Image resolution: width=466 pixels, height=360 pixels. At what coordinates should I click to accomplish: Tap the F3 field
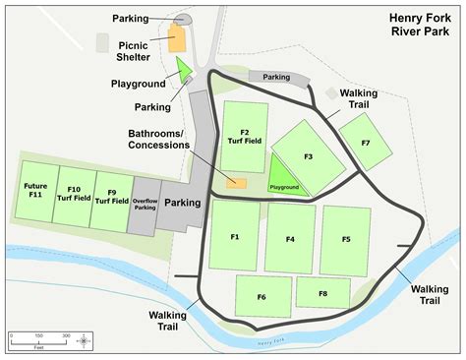[x=308, y=155]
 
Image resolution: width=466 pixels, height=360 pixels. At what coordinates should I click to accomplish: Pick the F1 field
[x=235, y=237]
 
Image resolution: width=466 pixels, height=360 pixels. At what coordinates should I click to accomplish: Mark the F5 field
[x=345, y=239]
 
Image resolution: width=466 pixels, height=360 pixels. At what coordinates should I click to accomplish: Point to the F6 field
[x=262, y=296]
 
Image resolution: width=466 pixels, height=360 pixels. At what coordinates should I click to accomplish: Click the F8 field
[x=323, y=293]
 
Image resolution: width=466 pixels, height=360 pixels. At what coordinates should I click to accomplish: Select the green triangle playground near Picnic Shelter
[x=182, y=69]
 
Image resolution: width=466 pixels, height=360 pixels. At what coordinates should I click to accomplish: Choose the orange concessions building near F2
[x=237, y=182]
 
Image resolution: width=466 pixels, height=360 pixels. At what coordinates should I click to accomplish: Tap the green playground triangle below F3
[x=282, y=184]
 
